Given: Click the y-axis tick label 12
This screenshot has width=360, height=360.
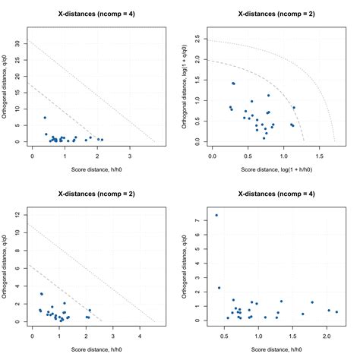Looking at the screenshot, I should pyautogui.click(x=18, y=214).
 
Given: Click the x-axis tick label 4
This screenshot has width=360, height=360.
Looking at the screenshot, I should pyautogui.click(x=140, y=334).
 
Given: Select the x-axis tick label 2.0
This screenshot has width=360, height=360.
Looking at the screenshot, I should pyautogui.click(x=327, y=334).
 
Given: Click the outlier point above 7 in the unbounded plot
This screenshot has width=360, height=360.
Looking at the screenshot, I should pyautogui.click(x=216, y=215).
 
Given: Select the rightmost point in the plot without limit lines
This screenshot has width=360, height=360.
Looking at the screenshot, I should pyautogui.click(x=336, y=312).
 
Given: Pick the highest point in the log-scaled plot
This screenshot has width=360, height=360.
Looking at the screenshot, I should pyautogui.click(x=233, y=84).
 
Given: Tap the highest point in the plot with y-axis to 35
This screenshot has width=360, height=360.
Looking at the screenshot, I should pyautogui.click(x=45, y=118).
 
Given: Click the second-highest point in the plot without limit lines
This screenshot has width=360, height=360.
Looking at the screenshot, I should pyautogui.click(x=219, y=288).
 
